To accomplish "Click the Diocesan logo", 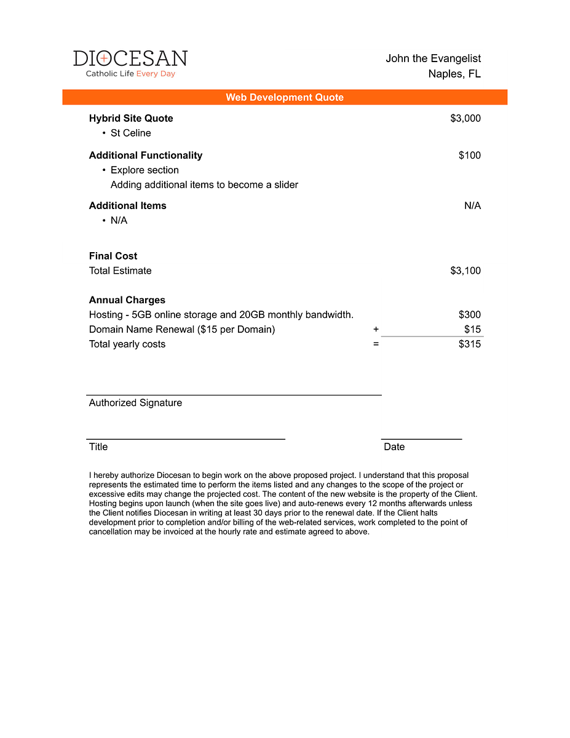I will click(x=130, y=63).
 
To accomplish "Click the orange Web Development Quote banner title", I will click(x=285, y=97).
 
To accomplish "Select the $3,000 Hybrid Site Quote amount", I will click(x=465, y=118).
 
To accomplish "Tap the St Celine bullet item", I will click(x=130, y=133).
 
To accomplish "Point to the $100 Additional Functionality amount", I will click(x=470, y=155).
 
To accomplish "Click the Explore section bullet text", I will click(x=144, y=170).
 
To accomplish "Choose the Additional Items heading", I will click(x=127, y=205).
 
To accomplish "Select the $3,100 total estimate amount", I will click(x=465, y=271).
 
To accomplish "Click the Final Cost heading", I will click(x=113, y=256).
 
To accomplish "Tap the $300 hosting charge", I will click(x=470, y=315).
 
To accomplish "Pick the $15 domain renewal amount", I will click(x=473, y=329).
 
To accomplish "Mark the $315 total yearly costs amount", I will click(x=470, y=344).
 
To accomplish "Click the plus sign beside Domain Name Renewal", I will click(x=376, y=329).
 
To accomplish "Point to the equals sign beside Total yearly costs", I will click(x=376, y=344).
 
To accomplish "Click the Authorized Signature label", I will click(x=135, y=403).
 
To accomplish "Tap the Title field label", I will click(x=98, y=446).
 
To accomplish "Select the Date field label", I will click(x=394, y=446).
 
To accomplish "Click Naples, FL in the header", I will click(x=454, y=74).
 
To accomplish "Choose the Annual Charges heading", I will click(x=127, y=300).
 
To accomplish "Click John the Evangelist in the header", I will click(x=433, y=58).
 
